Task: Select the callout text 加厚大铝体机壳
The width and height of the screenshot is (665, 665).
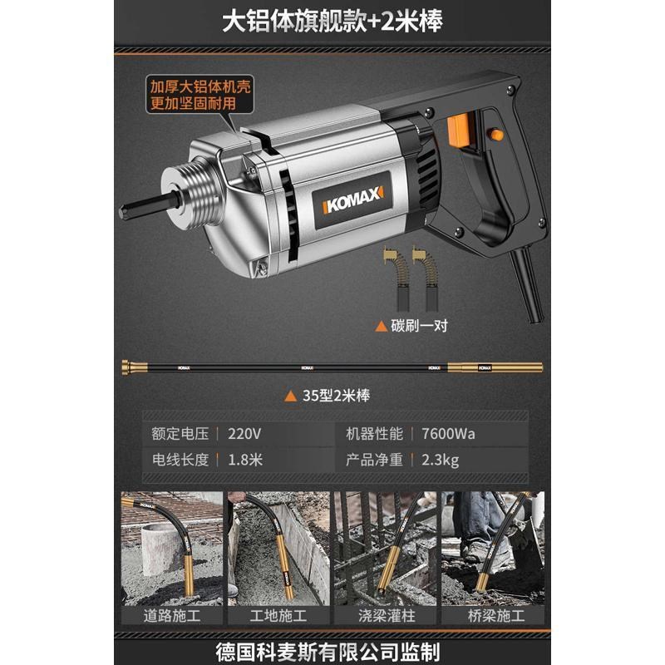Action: click(x=187, y=87)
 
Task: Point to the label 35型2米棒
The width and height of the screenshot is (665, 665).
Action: click(x=333, y=396)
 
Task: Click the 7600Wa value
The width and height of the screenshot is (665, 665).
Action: click(x=448, y=433)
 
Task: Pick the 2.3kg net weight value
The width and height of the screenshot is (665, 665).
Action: click(x=440, y=459)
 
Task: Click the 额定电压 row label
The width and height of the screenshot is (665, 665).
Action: click(x=180, y=433)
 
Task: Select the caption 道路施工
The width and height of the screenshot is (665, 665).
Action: click(x=172, y=616)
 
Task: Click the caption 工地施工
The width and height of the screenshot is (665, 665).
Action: click(x=278, y=616)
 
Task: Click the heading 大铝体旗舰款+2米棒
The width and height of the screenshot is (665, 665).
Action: click(x=332, y=22)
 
